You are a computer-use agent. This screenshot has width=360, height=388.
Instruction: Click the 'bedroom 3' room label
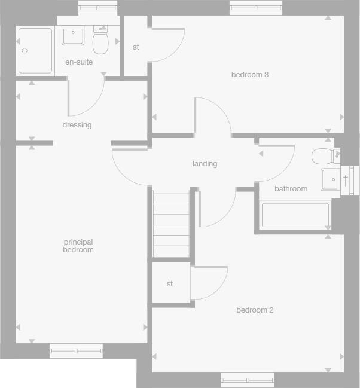(x=249, y=75)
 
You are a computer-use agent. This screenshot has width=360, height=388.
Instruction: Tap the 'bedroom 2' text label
(x=255, y=310)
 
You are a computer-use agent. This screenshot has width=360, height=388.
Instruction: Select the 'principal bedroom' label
(x=78, y=246)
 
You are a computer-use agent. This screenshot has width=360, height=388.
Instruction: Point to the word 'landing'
(x=205, y=163)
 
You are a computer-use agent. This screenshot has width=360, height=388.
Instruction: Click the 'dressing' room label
(x=77, y=125)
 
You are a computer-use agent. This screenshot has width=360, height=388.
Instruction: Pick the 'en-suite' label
(x=79, y=62)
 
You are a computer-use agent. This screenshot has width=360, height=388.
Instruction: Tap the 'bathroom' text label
(x=291, y=189)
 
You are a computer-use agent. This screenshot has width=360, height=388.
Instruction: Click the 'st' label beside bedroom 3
(x=136, y=47)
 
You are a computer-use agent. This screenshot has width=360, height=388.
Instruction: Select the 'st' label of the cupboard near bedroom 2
(x=170, y=283)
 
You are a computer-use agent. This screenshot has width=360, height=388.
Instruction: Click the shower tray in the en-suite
(x=35, y=50)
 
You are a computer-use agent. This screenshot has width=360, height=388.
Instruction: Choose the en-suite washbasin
(x=73, y=35)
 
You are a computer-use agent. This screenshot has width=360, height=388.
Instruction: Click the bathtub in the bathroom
(x=295, y=215)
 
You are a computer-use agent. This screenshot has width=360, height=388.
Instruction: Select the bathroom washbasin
(x=330, y=179)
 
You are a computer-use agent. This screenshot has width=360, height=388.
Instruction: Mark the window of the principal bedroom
(x=76, y=351)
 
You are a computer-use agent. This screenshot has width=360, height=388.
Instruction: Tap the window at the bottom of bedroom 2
(x=248, y=380)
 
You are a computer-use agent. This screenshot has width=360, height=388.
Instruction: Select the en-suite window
(x=98, y=8)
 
